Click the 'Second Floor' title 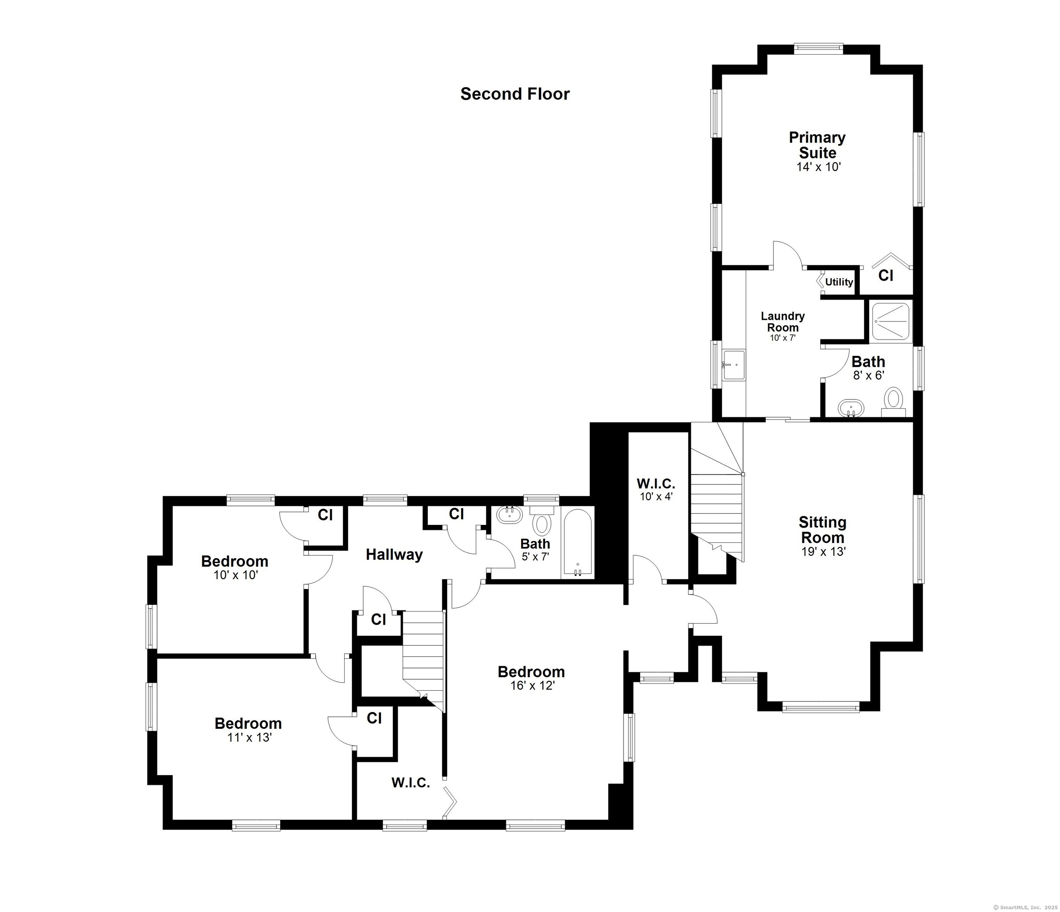coord(515,94)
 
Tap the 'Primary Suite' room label coord(817,145)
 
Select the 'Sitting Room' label coord(823,530)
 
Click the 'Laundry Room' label coord(783,321)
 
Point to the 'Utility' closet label coord(839,282)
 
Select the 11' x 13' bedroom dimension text coord(248,737)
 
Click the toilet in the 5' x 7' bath coord(541,520)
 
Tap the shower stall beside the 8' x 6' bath coord(891,321)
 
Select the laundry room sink coord(734,365)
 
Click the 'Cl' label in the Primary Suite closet coord(886,275)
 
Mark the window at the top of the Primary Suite coord(819,49)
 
